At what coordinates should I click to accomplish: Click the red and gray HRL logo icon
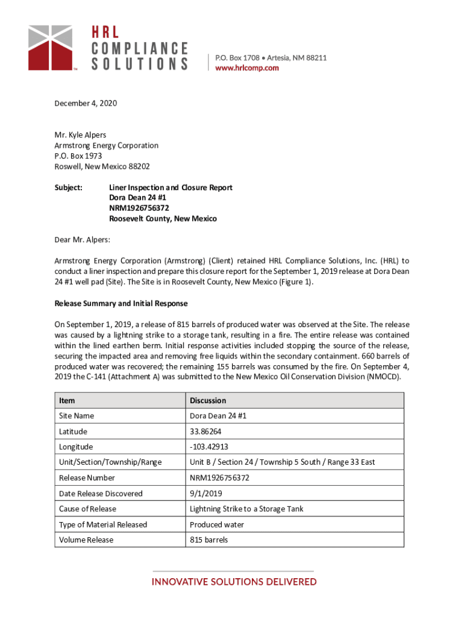[x=51, y=47]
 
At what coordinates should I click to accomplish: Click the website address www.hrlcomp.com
[x=247, y=68]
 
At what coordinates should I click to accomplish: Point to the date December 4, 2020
[x=86, y=103]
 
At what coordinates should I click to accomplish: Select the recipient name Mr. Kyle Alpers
[x=81, y=135]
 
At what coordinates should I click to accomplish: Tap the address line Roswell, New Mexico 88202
[x=102, y=167]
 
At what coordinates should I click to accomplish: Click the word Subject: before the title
[x=69, y=188]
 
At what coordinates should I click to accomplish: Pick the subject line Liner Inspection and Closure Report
[x=171, y=188]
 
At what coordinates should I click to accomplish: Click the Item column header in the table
[x=67, y=400]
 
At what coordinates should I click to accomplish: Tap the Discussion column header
[x=208, y=400]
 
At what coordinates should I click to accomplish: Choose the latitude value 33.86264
[x=205, y=432]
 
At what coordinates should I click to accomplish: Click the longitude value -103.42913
[x=208, y=447]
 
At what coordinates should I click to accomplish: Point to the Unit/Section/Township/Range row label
[x=110, y=462]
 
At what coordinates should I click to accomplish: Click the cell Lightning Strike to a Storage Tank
[x=246, y=509]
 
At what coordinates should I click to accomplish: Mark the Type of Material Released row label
[x=103, y=524]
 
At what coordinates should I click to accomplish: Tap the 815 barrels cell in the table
[x=208, y=540]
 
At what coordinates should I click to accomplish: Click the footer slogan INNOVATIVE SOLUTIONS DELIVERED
[x=234, y=582]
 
